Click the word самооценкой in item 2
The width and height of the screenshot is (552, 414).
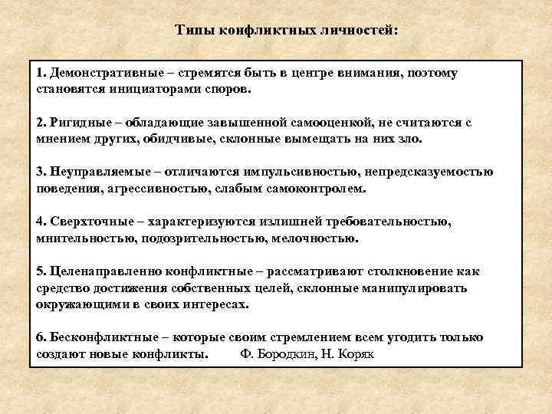[x=325, y=123]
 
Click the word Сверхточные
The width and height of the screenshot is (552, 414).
[x=86, y=222]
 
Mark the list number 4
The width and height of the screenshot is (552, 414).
[x=40, y=222]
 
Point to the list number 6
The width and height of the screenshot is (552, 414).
[x=40, y=337]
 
